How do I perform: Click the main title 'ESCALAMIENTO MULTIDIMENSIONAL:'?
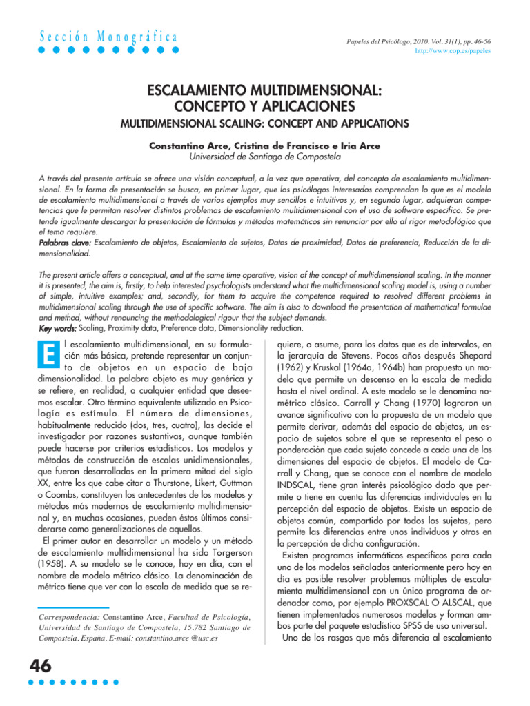(x=265, y=92)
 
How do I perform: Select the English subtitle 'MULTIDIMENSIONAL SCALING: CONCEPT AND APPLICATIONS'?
(x=265, y=124)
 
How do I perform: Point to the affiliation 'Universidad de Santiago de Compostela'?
(x=265, y=157)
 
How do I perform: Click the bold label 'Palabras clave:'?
(x=65, y=243)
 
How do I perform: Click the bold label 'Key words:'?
(x=58, y=310)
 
